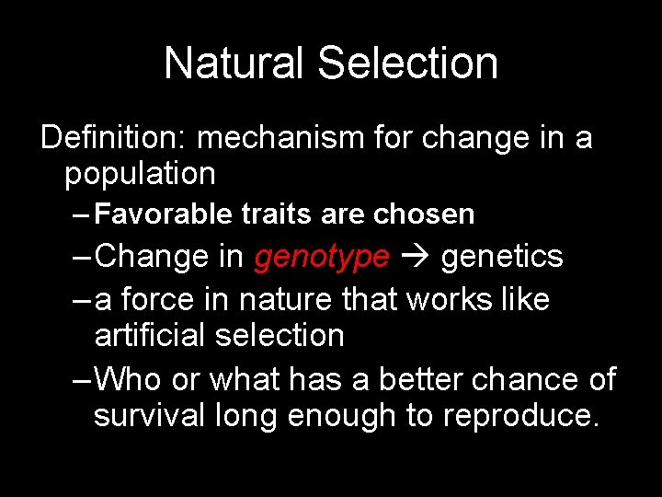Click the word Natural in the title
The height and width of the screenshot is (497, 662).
234,64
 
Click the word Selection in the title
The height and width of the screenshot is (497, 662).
408,64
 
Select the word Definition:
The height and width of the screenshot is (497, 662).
114,138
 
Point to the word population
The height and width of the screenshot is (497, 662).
140,173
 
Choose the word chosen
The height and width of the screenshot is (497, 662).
424,214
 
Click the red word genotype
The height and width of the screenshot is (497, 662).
322,257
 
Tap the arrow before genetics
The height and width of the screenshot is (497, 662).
415,257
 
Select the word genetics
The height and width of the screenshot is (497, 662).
502,257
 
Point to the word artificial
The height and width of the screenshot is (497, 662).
151,335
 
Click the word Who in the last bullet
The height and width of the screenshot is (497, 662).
129,378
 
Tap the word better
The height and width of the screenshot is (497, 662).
425,378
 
